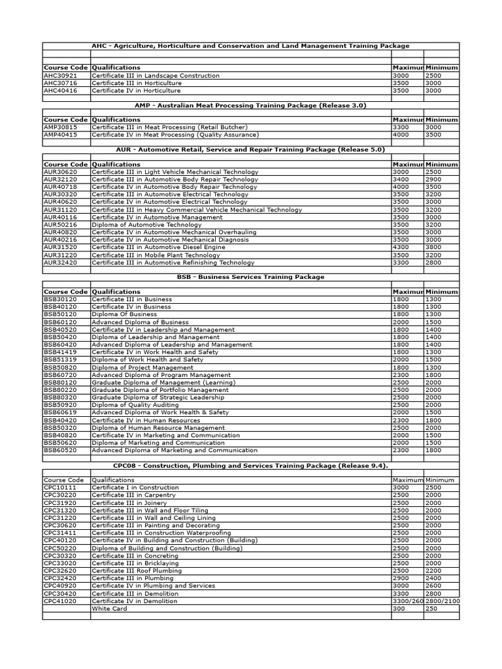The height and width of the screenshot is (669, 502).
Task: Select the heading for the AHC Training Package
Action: coord(251,46)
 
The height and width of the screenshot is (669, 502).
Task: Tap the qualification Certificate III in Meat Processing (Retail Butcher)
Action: coord(169,127)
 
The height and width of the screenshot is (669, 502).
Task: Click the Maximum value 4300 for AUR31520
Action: coord(399,248)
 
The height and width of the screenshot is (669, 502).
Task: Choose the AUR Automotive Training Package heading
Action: coord(251,150)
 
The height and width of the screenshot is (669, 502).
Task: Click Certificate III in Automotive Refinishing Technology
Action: coord(173,263)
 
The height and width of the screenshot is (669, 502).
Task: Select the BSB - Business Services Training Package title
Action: coord(251,277)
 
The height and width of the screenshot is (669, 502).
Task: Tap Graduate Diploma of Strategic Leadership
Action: coord(158,397)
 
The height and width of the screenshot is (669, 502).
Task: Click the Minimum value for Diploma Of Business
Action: coord(434,314)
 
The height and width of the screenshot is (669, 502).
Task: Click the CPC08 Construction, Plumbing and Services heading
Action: coord(251,465)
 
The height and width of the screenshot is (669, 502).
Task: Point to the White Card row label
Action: coord(109,608)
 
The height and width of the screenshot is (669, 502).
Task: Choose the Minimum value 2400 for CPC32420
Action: coord(434,578)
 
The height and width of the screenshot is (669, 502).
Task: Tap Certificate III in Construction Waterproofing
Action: coord(161,533)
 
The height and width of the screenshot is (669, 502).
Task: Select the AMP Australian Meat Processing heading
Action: coord(251,105)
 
